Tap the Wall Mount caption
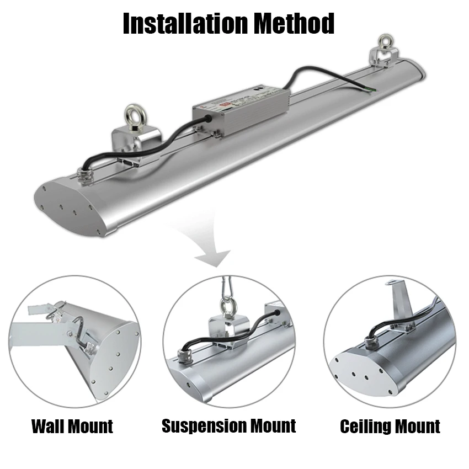click(72, 427)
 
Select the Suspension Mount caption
click(229, 426)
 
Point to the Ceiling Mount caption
click(390, 427)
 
